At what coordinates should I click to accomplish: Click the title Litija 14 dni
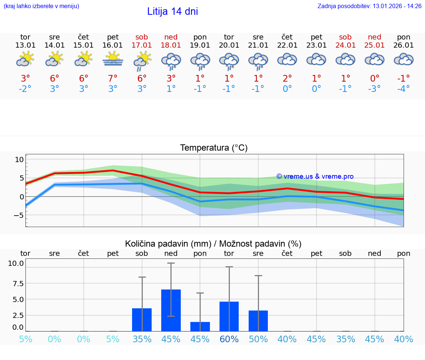click(x=172, y=11)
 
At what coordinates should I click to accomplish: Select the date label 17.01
click(x=142, y=45)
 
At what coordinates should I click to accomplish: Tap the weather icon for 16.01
click(x=113, y=59)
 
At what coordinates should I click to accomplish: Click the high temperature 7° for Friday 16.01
click(x=113, y=78)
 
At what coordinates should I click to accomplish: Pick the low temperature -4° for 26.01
click(x=404, y=89)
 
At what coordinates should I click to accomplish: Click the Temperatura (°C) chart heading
click(x=214, y=148)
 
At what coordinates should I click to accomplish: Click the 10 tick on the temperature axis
click(x=19, y=160)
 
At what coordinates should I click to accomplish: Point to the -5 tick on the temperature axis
click(x=18, y=215)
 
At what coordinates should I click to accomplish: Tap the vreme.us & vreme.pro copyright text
click(x=315, y=176)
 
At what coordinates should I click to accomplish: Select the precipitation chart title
click(x=213, y=244)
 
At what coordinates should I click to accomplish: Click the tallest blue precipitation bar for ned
click(x=171, y=310)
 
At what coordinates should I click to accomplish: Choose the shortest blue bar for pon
click(x=200, y=326)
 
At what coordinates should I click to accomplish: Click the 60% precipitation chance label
click(x=229, y=339)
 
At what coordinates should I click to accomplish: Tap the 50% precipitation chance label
click(x=258, y=339)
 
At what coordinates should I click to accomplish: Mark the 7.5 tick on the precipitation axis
click(x=16, y=284)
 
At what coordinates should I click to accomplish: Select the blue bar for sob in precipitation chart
click(x=142, y=319)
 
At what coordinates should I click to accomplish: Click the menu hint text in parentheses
click(x=41, y=6)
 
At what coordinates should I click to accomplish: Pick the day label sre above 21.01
click(x=258, y=37)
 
